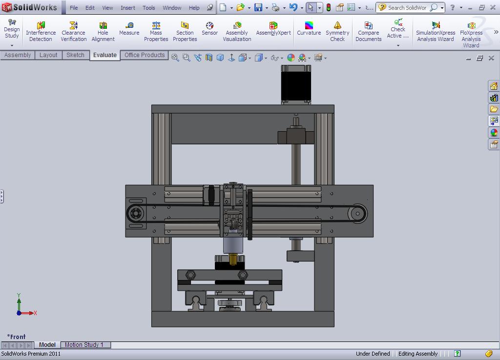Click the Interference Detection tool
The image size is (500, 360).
pyautogui.click(x=41, y=32)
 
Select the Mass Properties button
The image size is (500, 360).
pyautogui.click(x=156, y=32)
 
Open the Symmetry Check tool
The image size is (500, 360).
pyautogui.click(x=337, y=32)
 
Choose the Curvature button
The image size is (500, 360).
pyautogui.click(x=309, y=29)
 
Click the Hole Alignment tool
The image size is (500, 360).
pyautogui.click(x=103, y=32)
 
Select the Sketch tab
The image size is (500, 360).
pyautogui.click(x=75, y=55)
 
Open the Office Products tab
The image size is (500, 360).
pyautogui.click(x=145, y=55)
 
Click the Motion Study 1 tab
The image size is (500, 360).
pyautogui.click(x=84, y=345)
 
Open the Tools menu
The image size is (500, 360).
pyautogui.click(x=148, y=8)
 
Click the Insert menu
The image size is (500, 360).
pyautogui.click(x=128, y=8)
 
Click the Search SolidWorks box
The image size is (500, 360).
pyautogui.click(x=407, y=8)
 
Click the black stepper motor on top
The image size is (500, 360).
pyautogui.click(x=296, y=84)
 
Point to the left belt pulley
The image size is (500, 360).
pyautogui.click(x=135, y=214)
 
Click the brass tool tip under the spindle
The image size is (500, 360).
pyautogui.click(x=233, y=259)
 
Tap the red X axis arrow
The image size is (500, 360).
pyautogui.click(x=29, y=313)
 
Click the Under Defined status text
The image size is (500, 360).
pyautogui.click(x=373, y=354)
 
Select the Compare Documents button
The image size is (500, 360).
pyautogui.click(x=368, y=32)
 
